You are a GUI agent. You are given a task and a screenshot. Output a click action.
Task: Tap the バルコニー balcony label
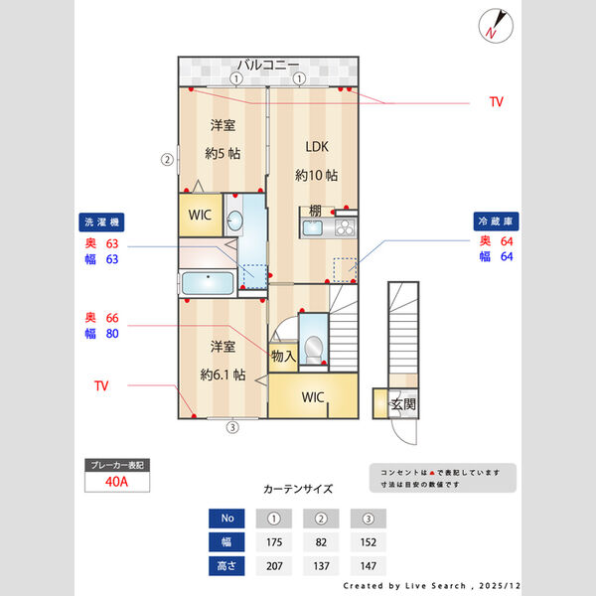pos(267,65)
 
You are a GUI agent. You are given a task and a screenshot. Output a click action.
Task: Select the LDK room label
pos(316,147)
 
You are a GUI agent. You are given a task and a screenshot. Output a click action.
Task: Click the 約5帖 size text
pos(223,153)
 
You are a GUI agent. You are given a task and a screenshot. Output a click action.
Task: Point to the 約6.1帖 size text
pos(222,374)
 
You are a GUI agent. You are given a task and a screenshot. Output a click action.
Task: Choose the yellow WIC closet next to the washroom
pos(200,215)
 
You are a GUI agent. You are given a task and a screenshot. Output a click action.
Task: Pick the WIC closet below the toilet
pos(314,397)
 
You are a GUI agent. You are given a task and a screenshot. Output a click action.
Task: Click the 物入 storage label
pos(282,356)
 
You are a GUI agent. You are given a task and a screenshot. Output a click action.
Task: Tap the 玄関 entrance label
pos(402,404)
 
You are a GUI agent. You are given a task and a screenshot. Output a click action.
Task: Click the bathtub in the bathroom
pos(207,283)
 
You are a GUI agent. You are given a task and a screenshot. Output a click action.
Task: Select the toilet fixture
pos(313,348)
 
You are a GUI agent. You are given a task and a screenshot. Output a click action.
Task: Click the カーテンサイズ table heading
pos(298,490)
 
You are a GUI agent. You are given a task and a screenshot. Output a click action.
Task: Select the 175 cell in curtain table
pos(274,542)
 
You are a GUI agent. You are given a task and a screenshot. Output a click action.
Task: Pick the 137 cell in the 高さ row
pos(321,566)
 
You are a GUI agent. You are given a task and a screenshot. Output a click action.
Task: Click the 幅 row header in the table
pos(226,542)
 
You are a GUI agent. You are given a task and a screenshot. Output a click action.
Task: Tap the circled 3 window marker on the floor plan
pos(232,428)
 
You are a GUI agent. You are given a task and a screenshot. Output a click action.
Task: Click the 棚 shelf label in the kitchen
pos(313,211)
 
